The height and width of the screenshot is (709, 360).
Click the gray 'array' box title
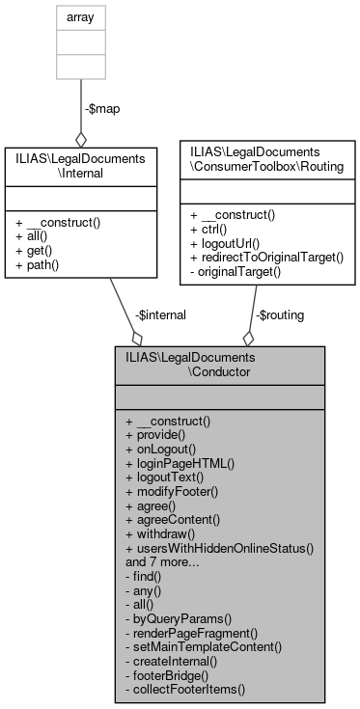80,16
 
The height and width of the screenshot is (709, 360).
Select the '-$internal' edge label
159,314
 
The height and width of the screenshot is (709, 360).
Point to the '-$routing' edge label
278,314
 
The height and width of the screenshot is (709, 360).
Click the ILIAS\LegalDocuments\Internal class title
80,163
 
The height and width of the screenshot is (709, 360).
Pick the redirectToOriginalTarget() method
267,258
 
